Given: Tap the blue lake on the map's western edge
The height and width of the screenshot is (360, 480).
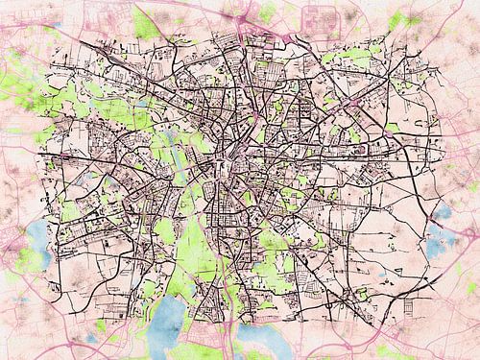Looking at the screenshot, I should (36, 232).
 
